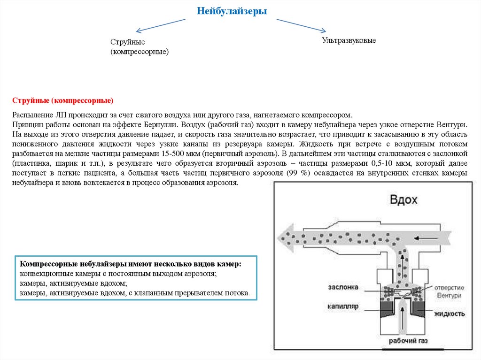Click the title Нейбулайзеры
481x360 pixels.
tap(232, 11)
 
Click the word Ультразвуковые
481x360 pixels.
tap(349, 41)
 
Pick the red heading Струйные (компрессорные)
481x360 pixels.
tap(63, 100)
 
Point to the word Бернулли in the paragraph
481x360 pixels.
tap(159, 125)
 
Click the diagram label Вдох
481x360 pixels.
tap(403, 199)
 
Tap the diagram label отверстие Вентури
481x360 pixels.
tap(449, 291)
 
